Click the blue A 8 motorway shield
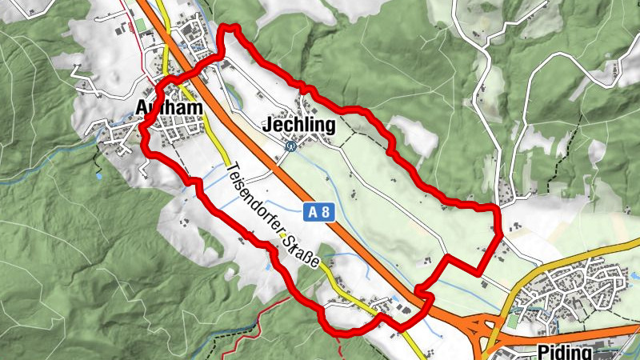pos(319,211)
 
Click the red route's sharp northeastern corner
pos(498,210)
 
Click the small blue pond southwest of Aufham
pos(98,174)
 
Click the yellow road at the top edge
pos(160,8)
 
